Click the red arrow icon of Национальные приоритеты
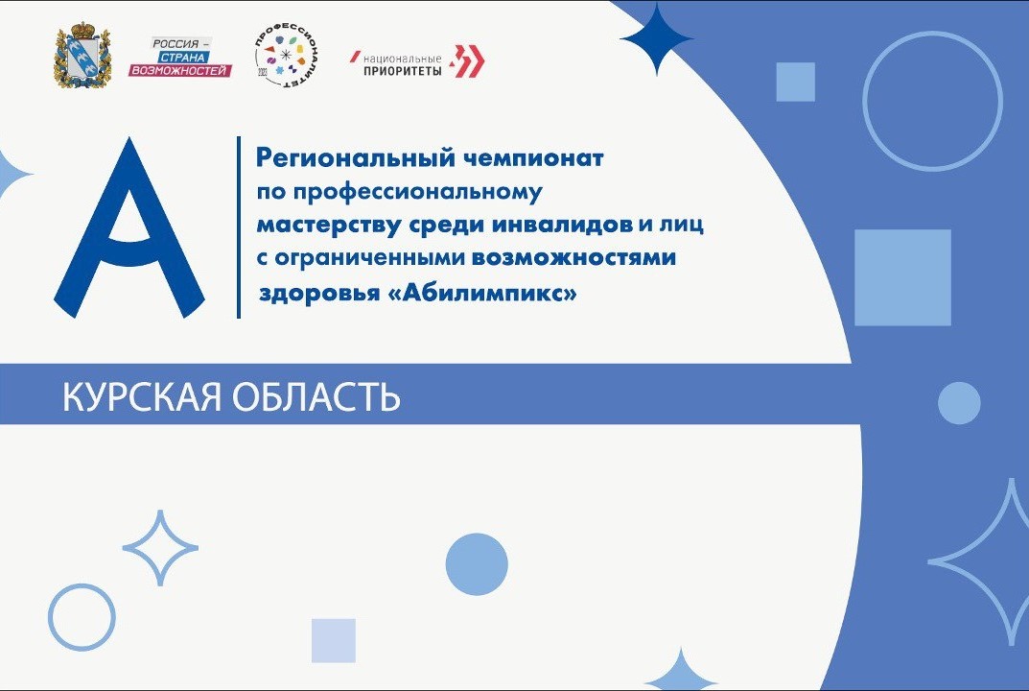pyautogui.click(x=468, y=60)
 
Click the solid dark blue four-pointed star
pyautogui.click(x=657, y=39)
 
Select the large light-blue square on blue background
pyautogui.click(x=901, y=277)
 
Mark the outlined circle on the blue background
pyautogui.click(x=931, y=100)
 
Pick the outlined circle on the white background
pyautogui.click(x=82, y=616)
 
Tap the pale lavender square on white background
pyautogui.click(x=333, y=640)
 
